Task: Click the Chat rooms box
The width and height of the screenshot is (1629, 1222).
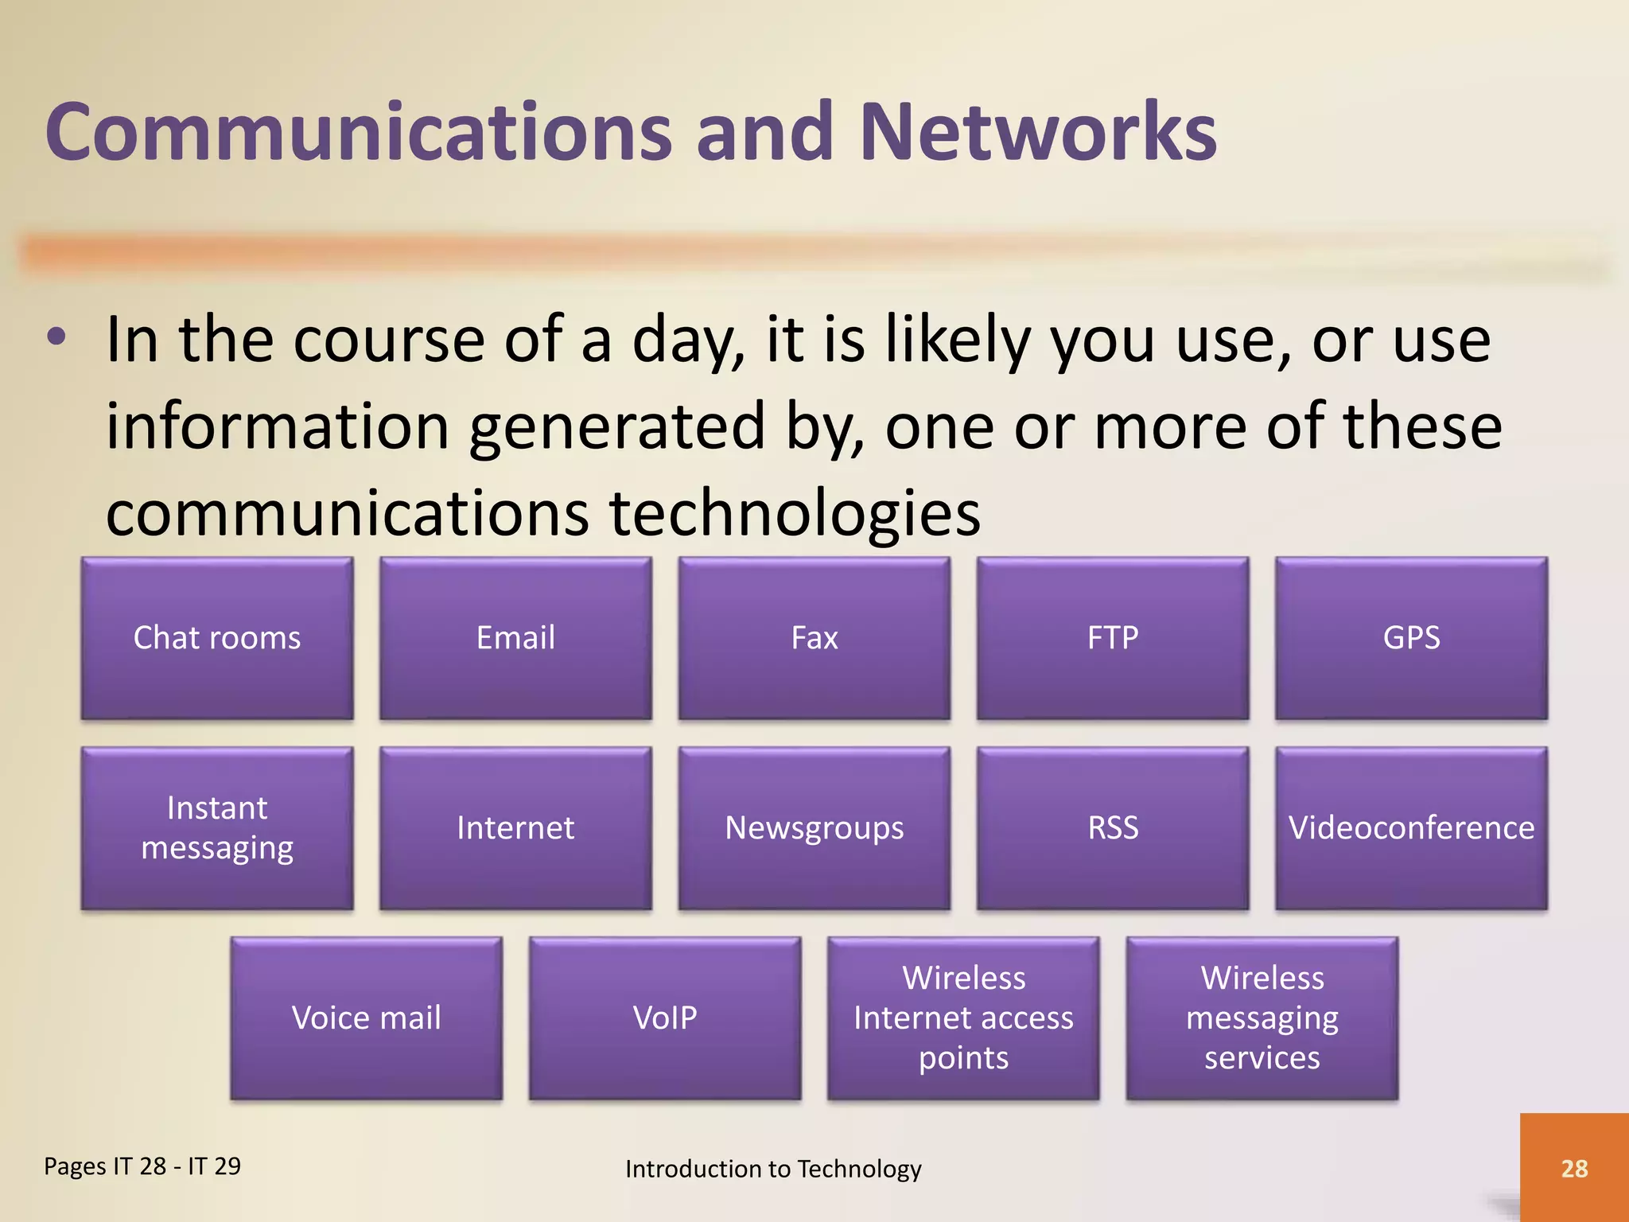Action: (x=217, y=638)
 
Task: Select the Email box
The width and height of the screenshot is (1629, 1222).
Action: (x=515, y=638)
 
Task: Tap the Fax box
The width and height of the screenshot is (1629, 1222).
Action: (x=814, y=638)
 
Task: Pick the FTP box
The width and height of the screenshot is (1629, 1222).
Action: (x=1113, y=638)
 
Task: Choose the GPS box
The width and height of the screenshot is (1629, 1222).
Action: (x=1411, y=638)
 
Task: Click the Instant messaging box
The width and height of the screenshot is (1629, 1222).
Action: (x=217, y=827)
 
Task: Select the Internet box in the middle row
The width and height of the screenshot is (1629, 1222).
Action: (x=515, y=827)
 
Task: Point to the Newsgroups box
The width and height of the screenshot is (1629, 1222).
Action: (x=814, y=827)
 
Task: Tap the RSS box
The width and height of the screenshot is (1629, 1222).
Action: (x=1113, y=827)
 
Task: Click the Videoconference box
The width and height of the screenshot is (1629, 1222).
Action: (x=1411, y=827)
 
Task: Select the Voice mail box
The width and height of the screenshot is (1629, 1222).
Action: (x=366, y=1018)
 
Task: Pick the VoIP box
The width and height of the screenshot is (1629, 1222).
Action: (x=665, y=1018)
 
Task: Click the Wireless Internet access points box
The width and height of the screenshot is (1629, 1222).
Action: (x=963, y=1018)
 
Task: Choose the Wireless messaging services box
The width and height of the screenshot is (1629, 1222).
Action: (x=1262, y=1018)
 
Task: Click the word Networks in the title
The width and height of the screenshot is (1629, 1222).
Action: (x=1037, y=132)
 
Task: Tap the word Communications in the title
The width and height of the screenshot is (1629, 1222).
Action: (x=359, y=132)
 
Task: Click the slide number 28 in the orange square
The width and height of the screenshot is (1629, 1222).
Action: (x=1574, y=1168)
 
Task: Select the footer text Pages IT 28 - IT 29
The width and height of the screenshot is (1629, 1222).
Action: (x=142, y=1166)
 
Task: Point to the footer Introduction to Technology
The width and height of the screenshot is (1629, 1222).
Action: (x=773, y=1169)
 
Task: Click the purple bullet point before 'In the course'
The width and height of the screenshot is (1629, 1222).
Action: (x=56, y=337)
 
